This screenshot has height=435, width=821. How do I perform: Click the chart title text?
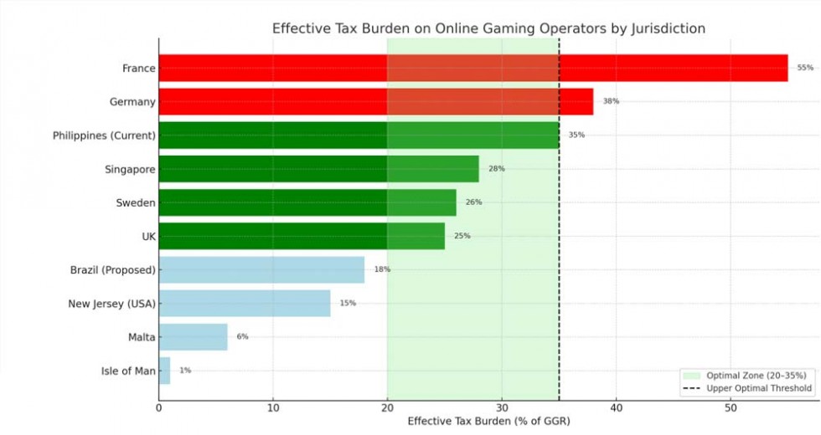coord(488,28)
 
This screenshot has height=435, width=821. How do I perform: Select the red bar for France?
coord(472,68)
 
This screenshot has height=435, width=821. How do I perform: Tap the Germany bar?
coord(375,101)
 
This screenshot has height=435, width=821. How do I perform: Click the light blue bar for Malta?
coord(193,336)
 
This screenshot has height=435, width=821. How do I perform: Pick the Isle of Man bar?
coord(164,370)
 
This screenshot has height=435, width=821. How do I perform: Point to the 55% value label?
coord(805,68)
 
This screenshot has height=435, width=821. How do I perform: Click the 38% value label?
coord(611,101)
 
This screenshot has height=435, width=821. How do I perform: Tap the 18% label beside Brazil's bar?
coord(382,269)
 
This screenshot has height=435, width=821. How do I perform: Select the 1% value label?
coord(185,370)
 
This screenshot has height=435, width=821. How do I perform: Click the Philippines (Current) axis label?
coord(104,136)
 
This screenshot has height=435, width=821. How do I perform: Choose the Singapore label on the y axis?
coord(130,169)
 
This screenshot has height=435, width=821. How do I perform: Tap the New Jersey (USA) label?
coord(111,303)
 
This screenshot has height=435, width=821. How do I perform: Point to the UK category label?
coord(148,236)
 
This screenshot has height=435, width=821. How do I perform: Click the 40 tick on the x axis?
coord(616,407)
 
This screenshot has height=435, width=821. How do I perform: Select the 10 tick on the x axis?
coord(273,407)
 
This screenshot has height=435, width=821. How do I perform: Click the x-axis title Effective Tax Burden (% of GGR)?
coord(488,422)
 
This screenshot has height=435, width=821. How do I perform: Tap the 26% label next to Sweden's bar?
coord(473,202)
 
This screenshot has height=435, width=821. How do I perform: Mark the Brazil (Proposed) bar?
coord(261,269)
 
